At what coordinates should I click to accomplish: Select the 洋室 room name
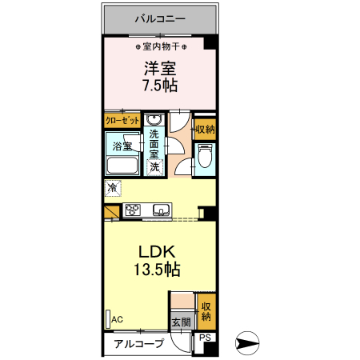click(159, 70)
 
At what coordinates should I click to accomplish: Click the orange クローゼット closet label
click(122, 121)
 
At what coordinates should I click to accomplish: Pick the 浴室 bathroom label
click(122, 147)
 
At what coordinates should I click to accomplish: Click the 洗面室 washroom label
click(154, 142)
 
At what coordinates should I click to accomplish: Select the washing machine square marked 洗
click(154, 167)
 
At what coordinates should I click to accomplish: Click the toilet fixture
click(205, 158)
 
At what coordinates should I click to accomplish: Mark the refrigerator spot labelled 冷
click(112, 189)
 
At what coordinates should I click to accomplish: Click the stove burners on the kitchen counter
click(134, 210)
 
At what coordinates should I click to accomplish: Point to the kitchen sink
click(160, 211)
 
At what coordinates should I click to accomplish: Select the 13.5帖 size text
click(155, 270)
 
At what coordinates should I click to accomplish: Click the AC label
click(117, 319)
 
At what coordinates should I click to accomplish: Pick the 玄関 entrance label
click(181, 323)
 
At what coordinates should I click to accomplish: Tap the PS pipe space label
click(205, 338)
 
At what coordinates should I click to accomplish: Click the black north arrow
click(249, 345)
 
